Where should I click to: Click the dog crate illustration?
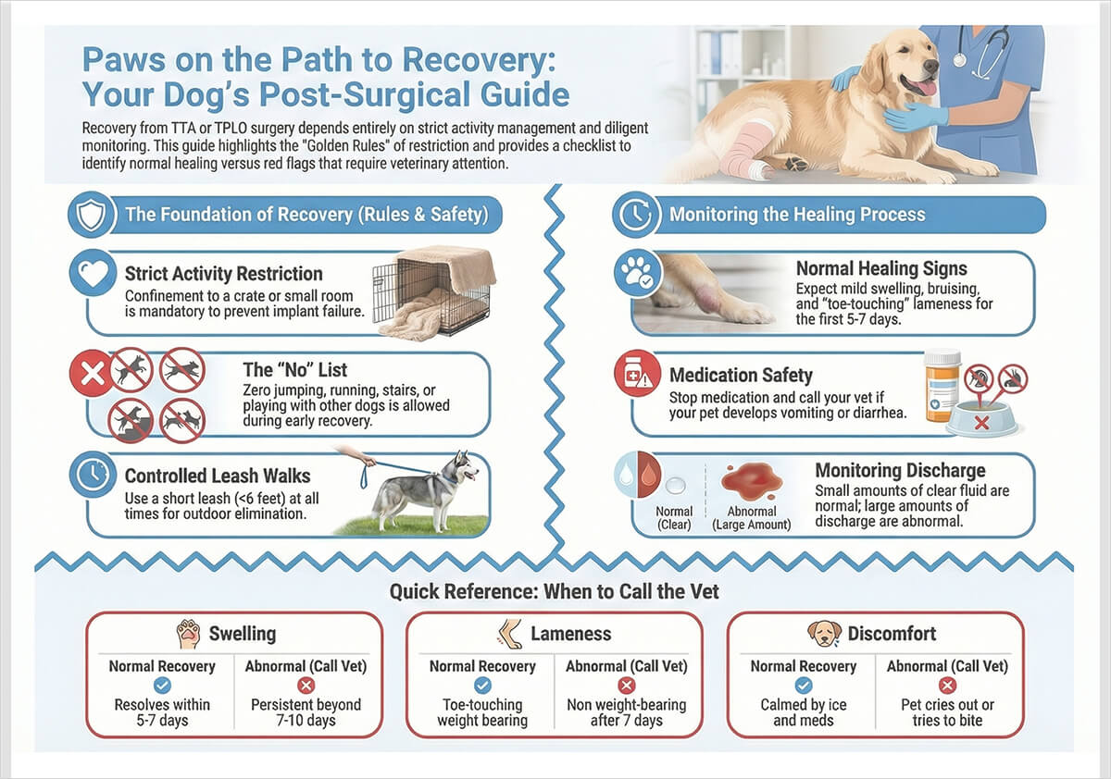pos(433,291)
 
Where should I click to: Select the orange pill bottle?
pos(942,384)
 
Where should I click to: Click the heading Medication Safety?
pos(741,376)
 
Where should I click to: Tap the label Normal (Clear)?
pos(674,518)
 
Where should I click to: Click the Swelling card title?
pos(242,634)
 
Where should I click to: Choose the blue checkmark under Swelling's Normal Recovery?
pos(162,686)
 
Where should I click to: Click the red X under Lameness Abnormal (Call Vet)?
pos(626,686)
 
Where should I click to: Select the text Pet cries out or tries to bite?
pos(947,712)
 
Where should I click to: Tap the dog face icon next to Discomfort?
pos(823,634)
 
